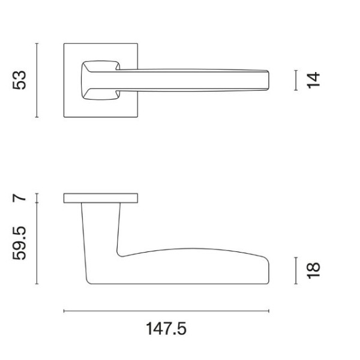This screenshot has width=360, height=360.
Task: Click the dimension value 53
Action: [20, 80]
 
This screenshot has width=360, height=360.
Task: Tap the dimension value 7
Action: [20, 198]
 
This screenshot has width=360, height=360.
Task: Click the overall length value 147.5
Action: [166, 329]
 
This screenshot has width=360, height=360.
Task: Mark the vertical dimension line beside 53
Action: [37, 80]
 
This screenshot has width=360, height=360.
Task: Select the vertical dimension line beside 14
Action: [296, 80]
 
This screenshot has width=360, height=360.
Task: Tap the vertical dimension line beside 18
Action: [296, 269]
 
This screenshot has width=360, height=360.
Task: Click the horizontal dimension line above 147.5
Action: [166, 311]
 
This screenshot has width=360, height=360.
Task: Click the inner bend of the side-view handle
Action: [119, 253]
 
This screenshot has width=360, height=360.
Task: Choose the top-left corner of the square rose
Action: [64, 44]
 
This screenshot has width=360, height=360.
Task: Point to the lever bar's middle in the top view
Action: [192, 79]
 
